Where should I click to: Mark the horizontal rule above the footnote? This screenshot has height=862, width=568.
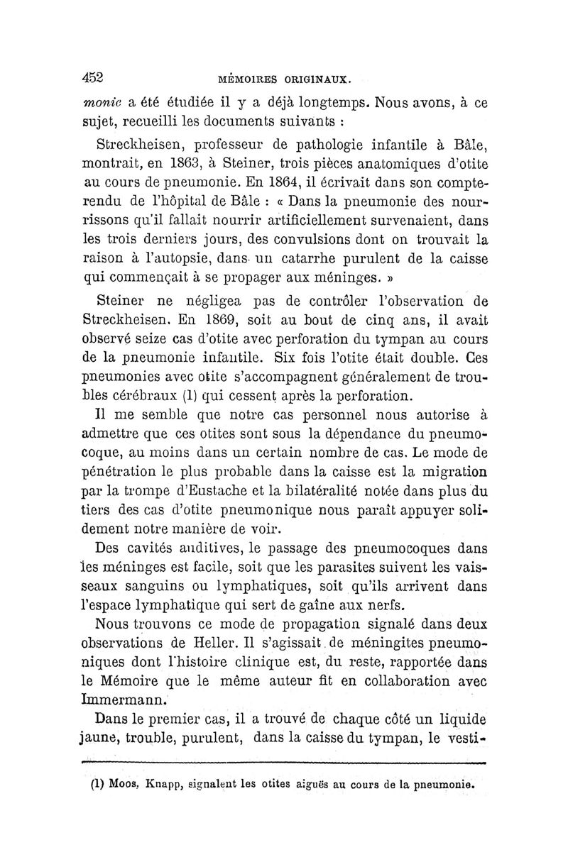(283, 763)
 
